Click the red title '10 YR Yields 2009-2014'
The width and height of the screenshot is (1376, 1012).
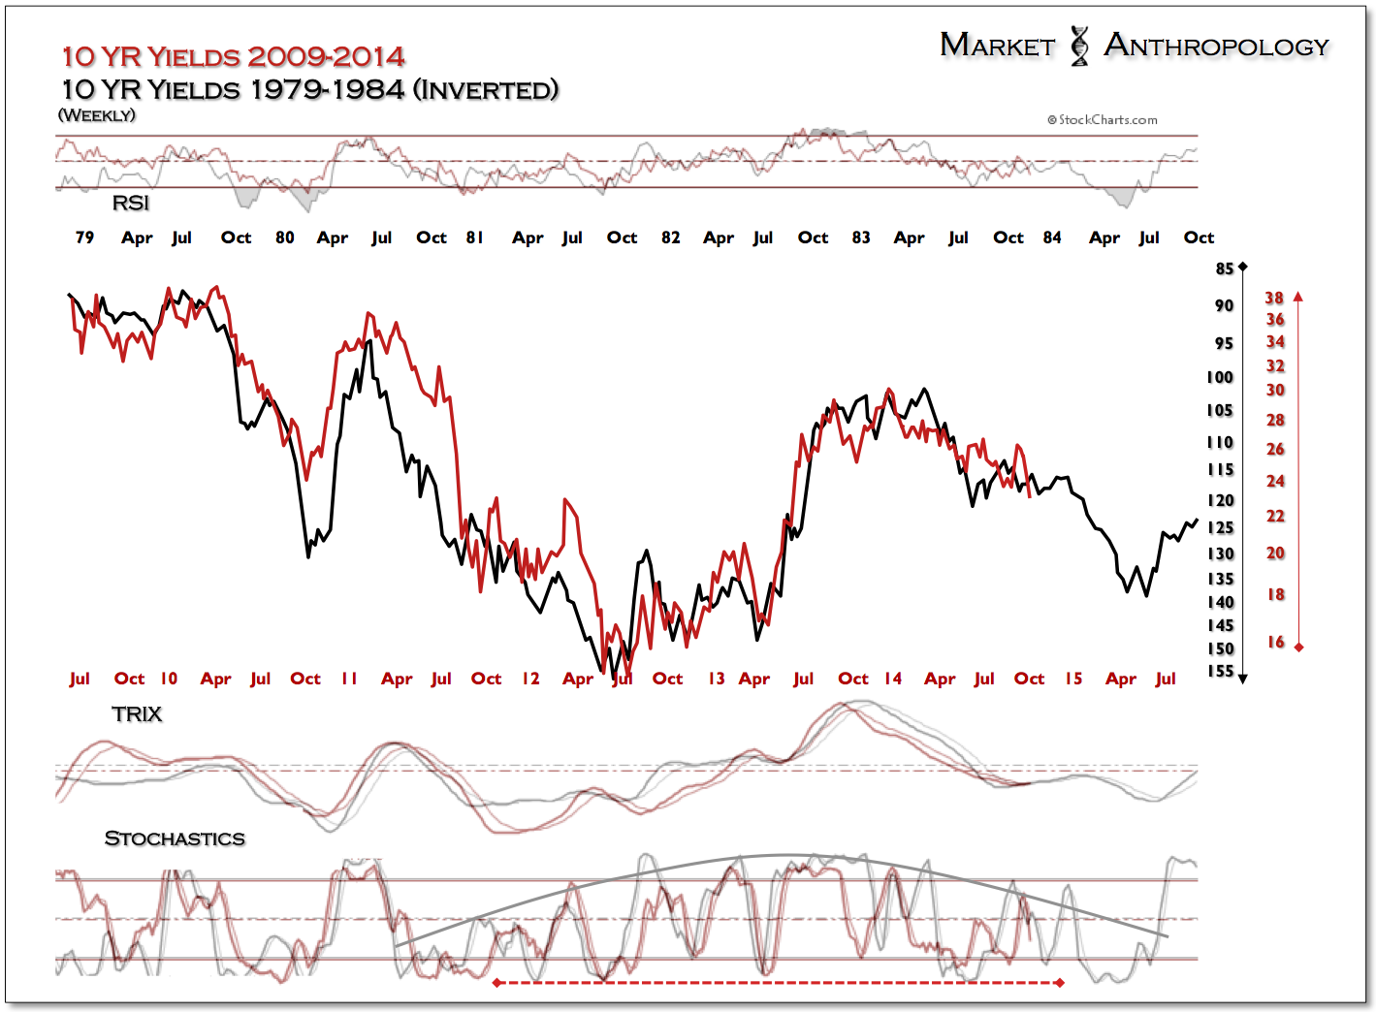[233, 56]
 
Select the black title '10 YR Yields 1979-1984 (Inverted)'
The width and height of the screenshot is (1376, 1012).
[309, 89]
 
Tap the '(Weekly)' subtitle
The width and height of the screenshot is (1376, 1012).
[97, 115]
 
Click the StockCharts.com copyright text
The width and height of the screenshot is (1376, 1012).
[1103, 120]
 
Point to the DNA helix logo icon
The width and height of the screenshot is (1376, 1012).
[1079, 46]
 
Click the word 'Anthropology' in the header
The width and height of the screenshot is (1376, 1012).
[1216, 46]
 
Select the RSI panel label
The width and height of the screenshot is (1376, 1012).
[131, 203]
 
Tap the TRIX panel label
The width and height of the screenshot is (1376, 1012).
[137, 714]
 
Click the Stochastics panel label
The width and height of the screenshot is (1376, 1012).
[175, 838]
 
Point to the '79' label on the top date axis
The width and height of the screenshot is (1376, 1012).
[84, 237]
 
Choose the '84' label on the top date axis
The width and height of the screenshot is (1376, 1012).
[1052, 237]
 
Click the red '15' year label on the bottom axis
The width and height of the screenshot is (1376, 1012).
[1073, 679]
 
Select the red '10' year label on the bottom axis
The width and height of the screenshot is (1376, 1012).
[169, 679]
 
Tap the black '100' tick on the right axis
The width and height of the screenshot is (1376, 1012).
[1220, 377]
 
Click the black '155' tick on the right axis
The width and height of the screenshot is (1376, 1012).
[1220, 671]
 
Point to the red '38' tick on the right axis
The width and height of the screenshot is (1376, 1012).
[1274, 298]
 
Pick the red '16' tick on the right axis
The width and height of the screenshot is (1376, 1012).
[1275, 642]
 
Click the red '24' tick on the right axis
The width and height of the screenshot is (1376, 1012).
[1275, 481]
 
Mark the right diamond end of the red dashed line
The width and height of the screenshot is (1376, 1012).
[1060, 983]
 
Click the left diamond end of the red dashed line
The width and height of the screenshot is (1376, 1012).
[496, 983]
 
